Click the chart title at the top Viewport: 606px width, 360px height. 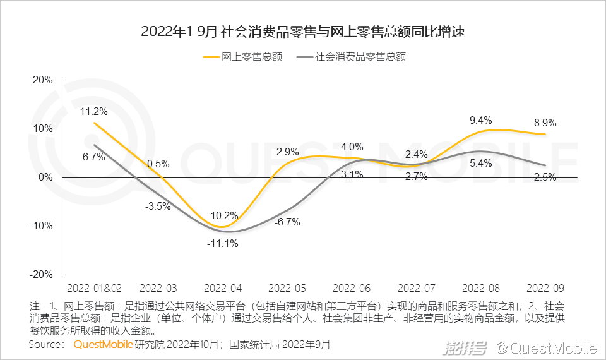coord(303,32)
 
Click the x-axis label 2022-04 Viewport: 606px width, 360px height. coord(222,287)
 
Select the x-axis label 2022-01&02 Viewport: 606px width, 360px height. coord(93,287)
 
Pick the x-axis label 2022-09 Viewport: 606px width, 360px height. coord(545,287)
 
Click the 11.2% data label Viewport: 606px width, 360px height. coord(93,112)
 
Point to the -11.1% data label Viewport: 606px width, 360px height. coord(222,244)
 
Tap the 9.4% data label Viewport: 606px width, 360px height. coord(480,120)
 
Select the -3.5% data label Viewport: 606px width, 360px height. coord(158,206)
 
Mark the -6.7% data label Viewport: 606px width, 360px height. coord(287,222)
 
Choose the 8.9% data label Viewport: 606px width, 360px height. coord(545,123)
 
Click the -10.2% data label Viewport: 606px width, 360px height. coord(222,215)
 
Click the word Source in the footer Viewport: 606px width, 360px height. coord(45,345)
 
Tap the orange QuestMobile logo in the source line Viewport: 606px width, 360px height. coord(103,345)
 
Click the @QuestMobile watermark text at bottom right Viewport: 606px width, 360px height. coord(547,347)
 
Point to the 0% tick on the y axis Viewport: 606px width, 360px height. coord(45,177)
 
